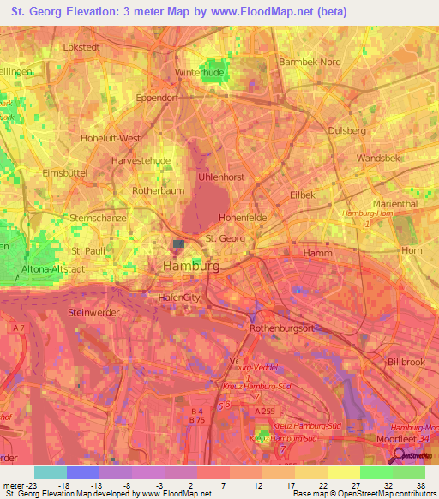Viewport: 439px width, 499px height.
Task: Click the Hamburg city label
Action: click(190, 268)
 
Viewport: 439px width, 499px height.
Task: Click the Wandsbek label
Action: click(371, 159)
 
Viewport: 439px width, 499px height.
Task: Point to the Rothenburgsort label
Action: click(284, 328)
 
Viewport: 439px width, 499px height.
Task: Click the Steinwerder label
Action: click(93, 313)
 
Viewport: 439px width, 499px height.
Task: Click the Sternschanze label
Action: click(99, 219)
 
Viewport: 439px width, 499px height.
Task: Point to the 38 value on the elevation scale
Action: click(420, 484)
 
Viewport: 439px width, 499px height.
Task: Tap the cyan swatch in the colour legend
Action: click(50, 472)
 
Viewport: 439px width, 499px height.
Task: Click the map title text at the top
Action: click(219, 13)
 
